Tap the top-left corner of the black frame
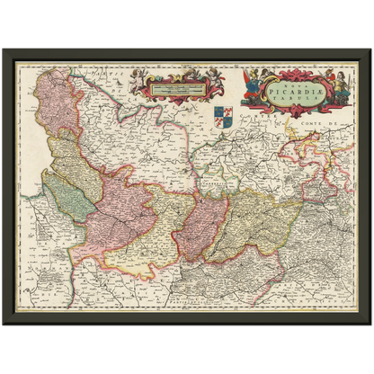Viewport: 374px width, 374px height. [4, 49]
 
